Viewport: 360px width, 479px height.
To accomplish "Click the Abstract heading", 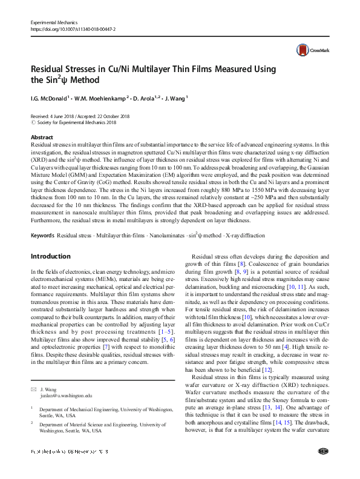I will click(x=42, y=137).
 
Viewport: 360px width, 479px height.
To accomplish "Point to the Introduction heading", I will click(x=50, y=256).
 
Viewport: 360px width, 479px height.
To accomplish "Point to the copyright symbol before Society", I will click(x=33, y=122).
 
